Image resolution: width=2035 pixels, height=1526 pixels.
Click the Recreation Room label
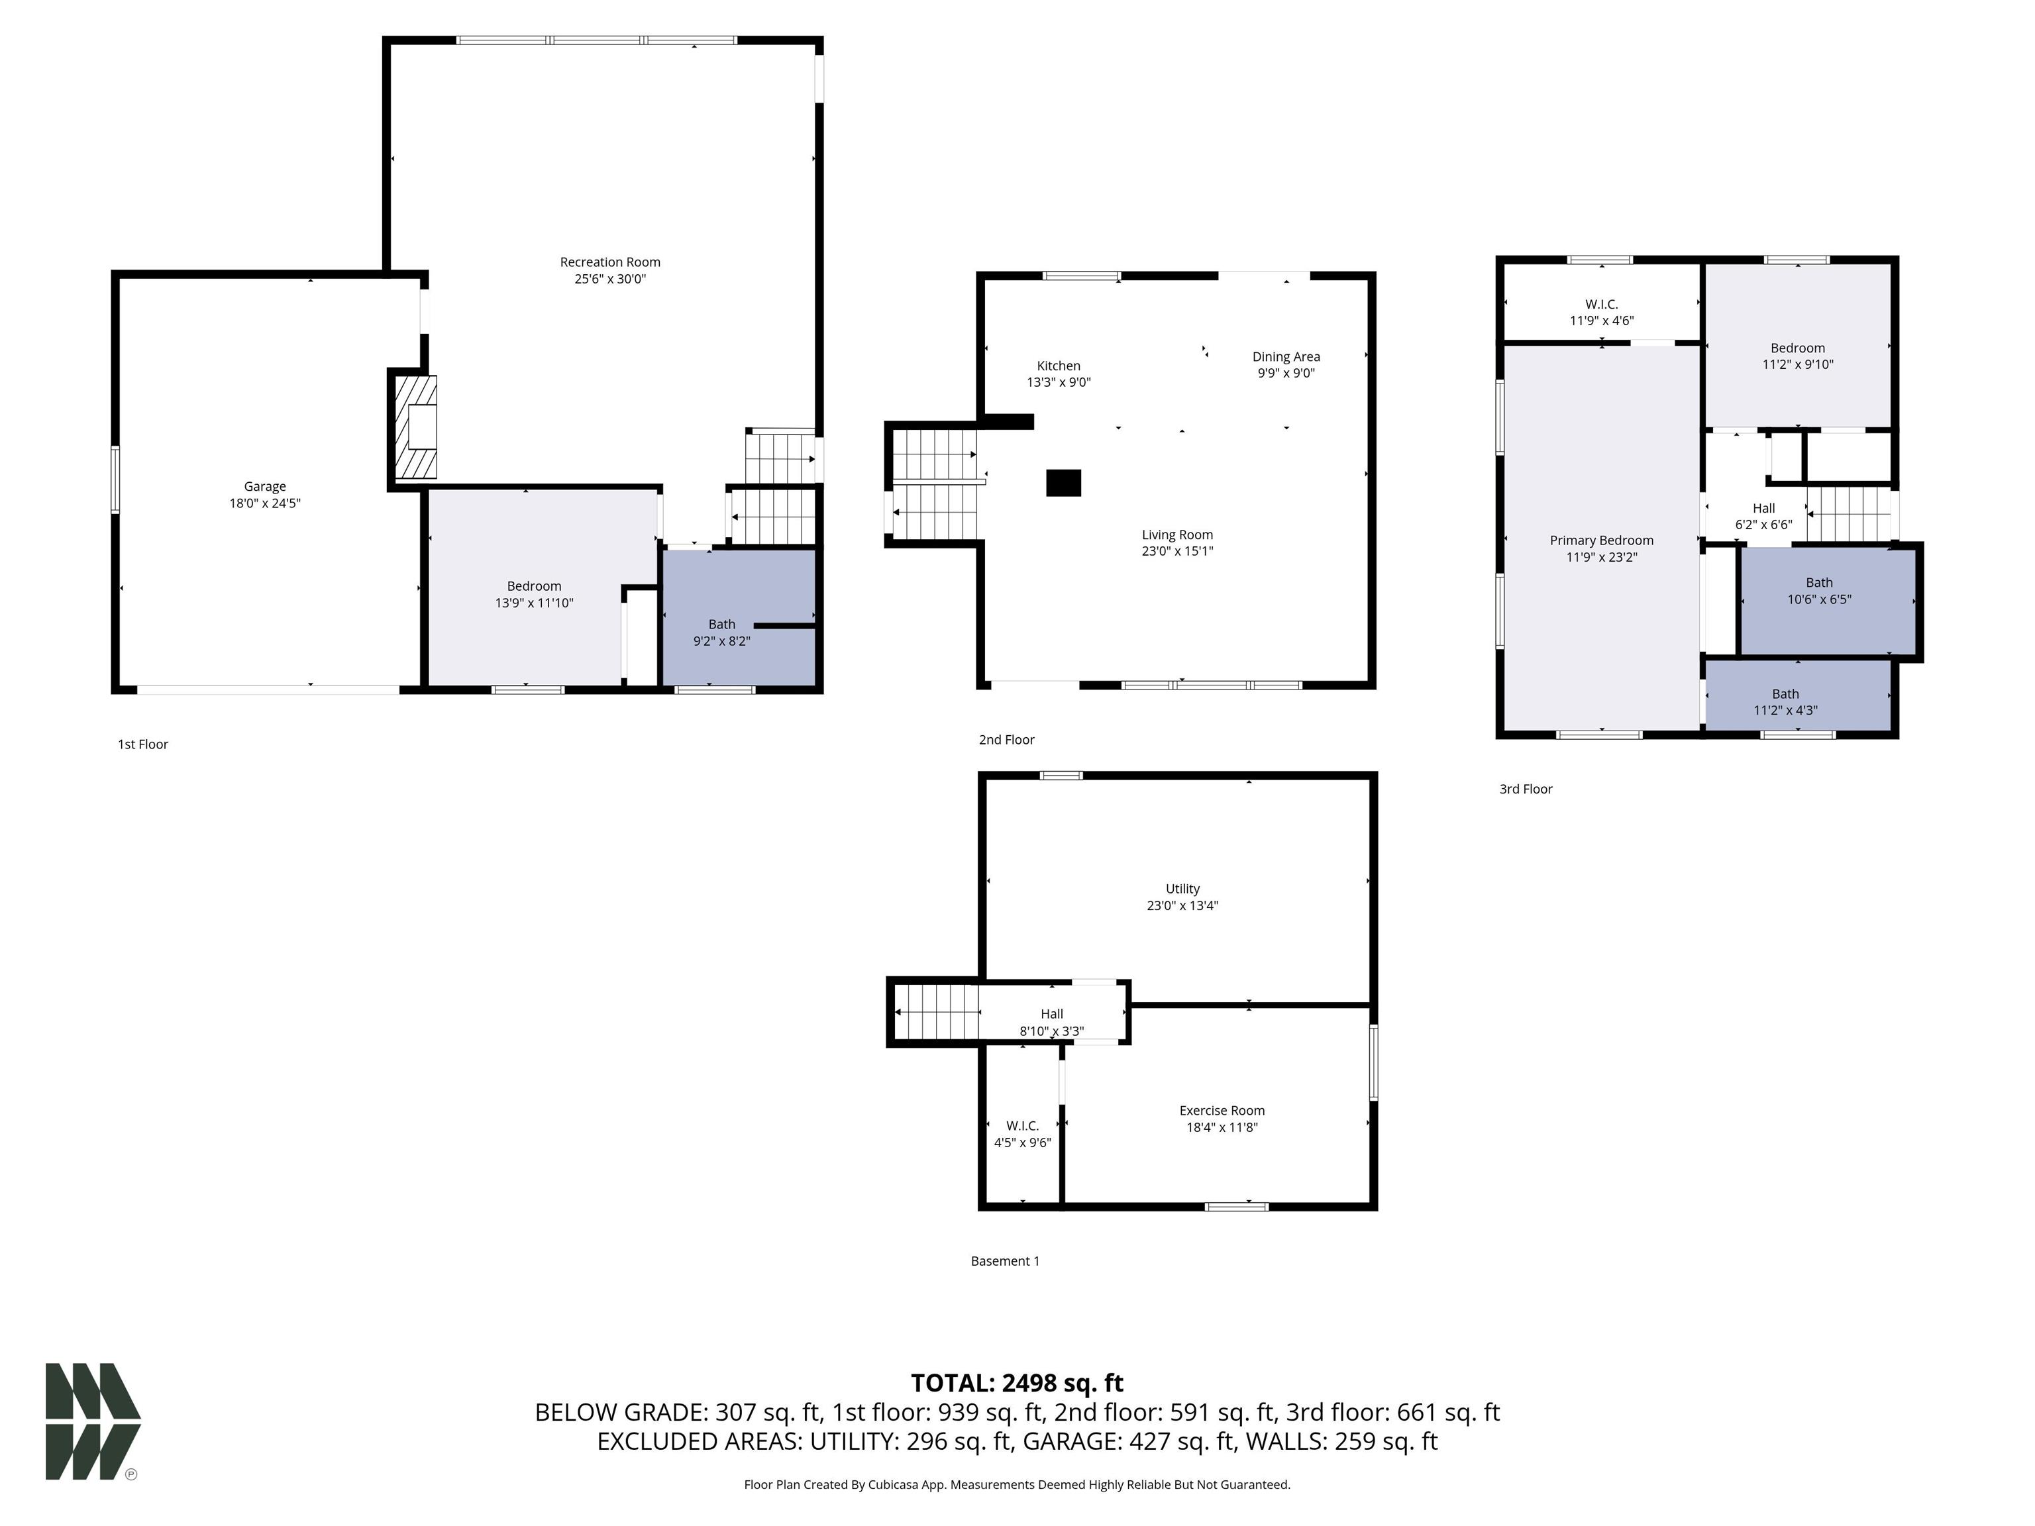click(610, 262)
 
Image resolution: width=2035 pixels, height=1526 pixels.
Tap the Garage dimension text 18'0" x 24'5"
click(265, 503)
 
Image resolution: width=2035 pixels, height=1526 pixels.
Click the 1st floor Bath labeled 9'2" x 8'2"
click(722, 633)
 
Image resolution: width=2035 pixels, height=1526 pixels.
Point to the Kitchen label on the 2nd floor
click(1058, 366)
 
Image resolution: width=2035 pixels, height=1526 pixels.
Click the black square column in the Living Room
click(1063, 483)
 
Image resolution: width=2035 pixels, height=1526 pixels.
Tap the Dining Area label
click(1285, 357)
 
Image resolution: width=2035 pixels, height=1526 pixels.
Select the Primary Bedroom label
click(1600, 541)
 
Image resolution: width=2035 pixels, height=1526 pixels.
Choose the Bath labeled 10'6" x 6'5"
click(1819, 591)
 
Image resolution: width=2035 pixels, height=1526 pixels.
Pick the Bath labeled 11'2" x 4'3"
click(1785, 702)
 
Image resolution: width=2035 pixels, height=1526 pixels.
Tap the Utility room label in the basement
click(1182, 889)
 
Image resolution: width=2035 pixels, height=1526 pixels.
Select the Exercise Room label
click(1222, 1110)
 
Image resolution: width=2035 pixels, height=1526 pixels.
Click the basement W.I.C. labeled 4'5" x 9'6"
click(1022, 1134)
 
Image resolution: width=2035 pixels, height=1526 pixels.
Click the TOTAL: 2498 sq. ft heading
click(1017, 1382)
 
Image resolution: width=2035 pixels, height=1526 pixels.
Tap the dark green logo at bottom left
click(92, 1421)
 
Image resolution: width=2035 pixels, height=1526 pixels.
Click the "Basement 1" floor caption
click(1005, 1261)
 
